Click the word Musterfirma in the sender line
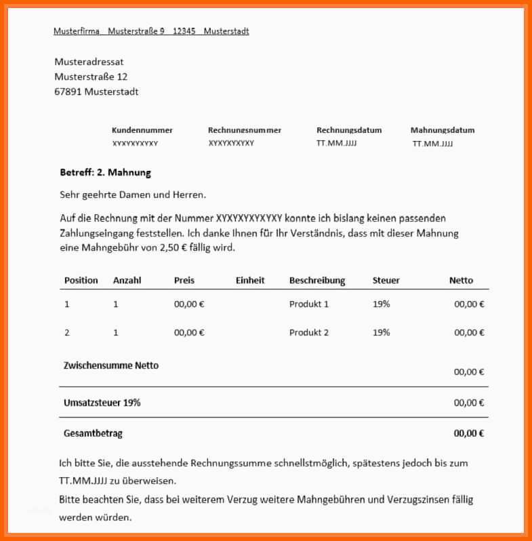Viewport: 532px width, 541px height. (77, 31)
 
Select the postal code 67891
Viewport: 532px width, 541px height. (68, 92)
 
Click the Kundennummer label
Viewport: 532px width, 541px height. (142, 130)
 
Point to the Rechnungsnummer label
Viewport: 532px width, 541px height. (245, 130)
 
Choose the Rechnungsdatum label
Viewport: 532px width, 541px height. (349, 130)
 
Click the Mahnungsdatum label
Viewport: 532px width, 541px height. (443, 130)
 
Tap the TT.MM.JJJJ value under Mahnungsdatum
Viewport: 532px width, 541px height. (432, 144)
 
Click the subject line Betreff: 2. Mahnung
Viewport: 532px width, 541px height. (105, 173)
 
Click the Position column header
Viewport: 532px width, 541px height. (81, 280)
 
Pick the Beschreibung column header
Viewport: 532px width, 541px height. (317, 280)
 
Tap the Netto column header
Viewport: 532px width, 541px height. (461, 280)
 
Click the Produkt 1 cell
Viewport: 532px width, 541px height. (309, 304)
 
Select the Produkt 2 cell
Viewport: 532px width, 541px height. (309, 333)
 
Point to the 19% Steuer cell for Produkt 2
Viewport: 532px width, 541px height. (382, 333)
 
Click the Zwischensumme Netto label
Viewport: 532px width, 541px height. (111, 365)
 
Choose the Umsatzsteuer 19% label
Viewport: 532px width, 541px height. (102, 403)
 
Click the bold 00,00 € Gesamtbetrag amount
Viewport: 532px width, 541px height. (469, 434)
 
